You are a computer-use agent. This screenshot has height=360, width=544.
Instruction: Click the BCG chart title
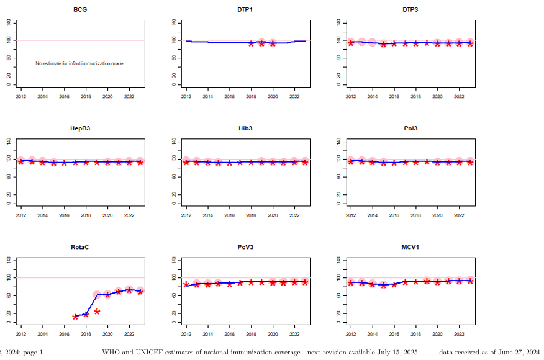tap(79, 10)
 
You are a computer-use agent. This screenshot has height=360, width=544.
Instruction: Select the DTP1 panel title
tap(245, 10)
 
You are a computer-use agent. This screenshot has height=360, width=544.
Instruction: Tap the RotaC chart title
tap(79, 247)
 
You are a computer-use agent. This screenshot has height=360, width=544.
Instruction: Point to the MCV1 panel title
tap(410, 247)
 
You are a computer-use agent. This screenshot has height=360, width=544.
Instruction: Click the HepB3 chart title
tap(79, 128)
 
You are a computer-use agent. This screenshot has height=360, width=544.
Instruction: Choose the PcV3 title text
tap(245, 247)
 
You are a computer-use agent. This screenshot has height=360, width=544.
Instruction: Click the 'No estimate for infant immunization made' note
tap(80, 63)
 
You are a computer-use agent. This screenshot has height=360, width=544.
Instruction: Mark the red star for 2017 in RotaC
tap(75, 317)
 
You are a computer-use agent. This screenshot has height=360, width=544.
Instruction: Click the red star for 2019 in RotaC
tap(97, 312)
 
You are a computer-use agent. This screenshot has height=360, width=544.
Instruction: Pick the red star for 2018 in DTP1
tap(251, 43)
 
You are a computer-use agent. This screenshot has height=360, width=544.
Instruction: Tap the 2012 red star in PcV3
tap(186, 284)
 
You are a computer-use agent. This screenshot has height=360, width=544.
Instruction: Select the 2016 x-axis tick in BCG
tap(64, 97)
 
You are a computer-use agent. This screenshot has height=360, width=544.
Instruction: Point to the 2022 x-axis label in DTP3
tap(459, 97)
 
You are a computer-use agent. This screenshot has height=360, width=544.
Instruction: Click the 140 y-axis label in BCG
tap(9, 23)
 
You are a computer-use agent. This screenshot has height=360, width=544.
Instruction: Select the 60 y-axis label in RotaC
tap(9, 295)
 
